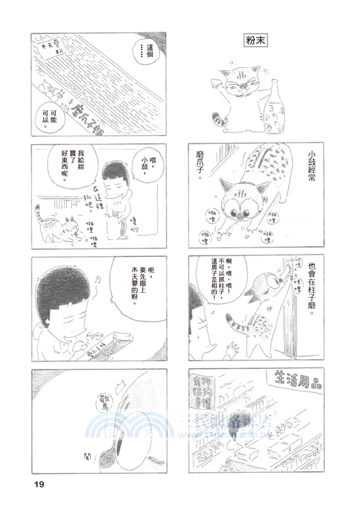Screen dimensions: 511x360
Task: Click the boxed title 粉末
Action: pyautogui.click(x=255, y=41)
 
